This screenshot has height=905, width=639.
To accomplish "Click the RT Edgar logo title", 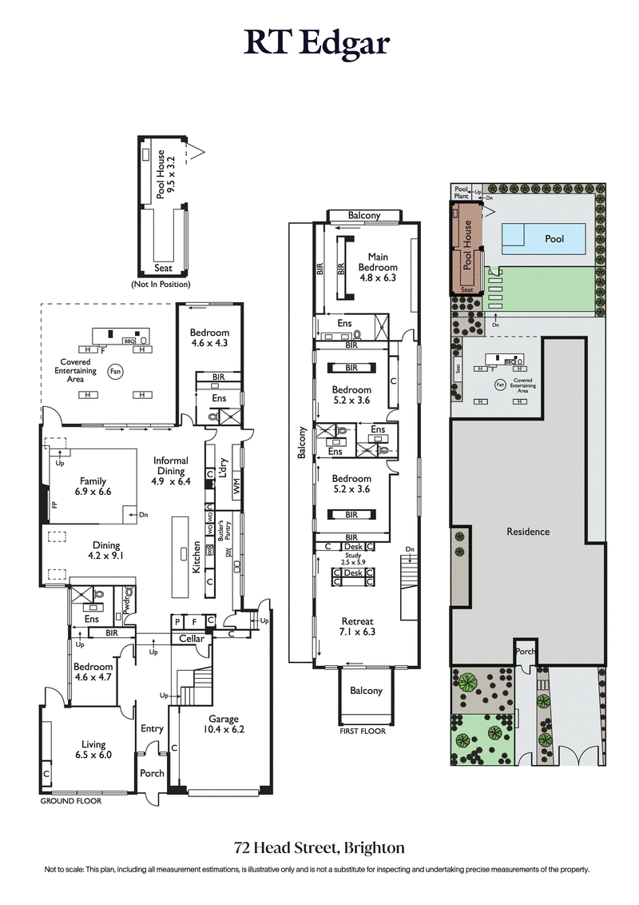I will pos(318,43).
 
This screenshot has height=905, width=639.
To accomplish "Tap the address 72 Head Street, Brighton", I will pos(319,847).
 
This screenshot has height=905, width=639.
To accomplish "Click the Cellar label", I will pos(192,639).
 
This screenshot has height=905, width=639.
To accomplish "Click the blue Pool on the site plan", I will pos(554,238).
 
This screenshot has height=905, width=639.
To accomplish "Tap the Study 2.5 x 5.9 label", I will pos(353,560).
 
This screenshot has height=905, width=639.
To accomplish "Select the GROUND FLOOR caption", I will pos(71,800).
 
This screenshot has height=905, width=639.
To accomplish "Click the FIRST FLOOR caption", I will pos(363,731).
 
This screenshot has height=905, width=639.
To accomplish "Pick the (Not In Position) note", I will pos(161,284).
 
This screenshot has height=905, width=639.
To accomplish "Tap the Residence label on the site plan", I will pos(528,532).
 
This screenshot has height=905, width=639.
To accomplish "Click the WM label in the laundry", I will pos(236,486).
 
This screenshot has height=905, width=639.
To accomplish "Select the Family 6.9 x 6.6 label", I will pos(92,486).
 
